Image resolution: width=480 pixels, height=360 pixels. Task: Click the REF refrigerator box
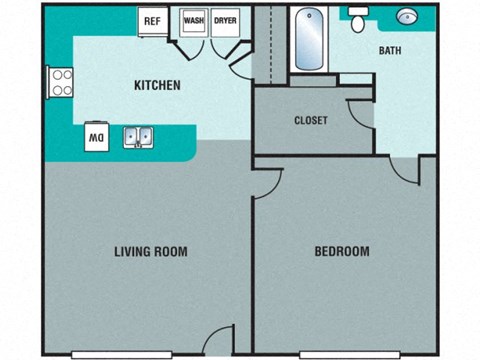(153, 21)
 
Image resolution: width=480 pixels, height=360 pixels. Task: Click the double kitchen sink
(138, 137)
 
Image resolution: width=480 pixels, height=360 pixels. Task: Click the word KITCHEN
(157, 86)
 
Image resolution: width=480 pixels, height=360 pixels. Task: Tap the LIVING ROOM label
(151, 251)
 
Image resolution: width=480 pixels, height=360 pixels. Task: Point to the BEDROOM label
(342, 251)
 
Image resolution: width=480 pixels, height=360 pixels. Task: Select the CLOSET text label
(310, 121)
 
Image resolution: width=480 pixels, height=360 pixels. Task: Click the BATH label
(390, 51)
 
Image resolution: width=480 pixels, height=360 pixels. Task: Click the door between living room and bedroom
(265, 183)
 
